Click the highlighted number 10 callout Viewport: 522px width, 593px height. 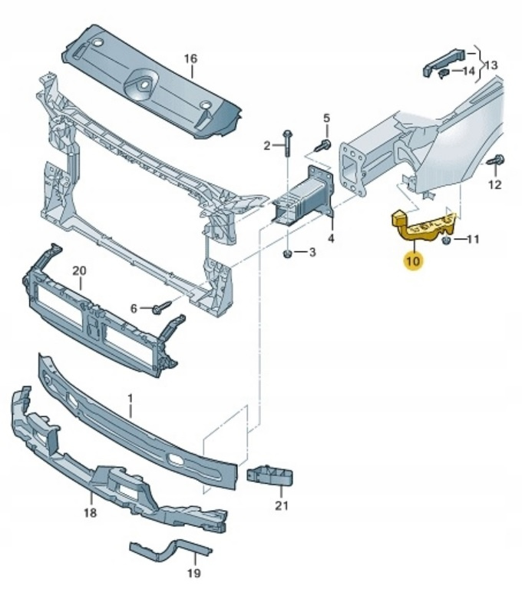[x=413, y=261]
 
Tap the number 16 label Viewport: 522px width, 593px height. [x=190, y=58]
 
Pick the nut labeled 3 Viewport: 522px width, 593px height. [x=287, y=253]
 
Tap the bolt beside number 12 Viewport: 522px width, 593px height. [x=494, y=161]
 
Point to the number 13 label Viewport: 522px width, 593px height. [x=491, y=65]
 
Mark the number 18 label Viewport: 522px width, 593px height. [x=90, y=512]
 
